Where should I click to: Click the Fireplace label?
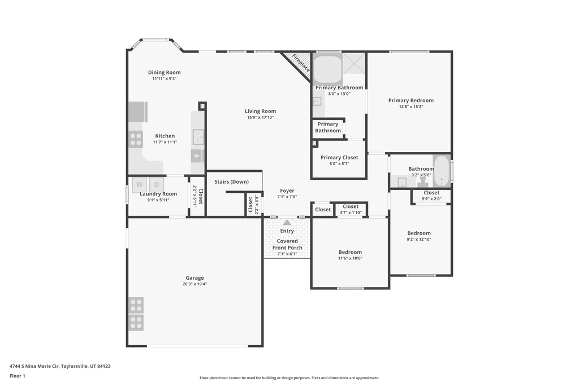[301, 63]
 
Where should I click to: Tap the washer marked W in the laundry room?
[139, 184]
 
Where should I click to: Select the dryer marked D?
[157, 184]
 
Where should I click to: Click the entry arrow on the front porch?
[287, 222]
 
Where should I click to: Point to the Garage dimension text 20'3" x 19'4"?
[195, 284]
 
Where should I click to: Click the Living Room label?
[260, 111]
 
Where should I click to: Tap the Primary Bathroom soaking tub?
[327, 70]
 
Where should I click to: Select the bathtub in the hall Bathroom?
[442, 171]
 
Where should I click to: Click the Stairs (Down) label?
[231, 181]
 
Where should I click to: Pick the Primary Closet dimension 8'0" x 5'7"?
[339, 164]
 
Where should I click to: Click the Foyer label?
[287, 191]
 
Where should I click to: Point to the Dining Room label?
[165, 72]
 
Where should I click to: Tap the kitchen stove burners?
[136, 139]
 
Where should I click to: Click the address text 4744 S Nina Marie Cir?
[34, 366]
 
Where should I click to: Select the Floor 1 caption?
[18, 376]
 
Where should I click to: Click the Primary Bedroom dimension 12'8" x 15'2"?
[411, 107]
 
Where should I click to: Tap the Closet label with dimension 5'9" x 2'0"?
[431, 193]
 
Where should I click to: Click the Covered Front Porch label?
[287, 244]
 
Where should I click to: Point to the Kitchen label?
[165, 136]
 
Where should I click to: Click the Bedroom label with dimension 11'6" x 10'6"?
[350, 253]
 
